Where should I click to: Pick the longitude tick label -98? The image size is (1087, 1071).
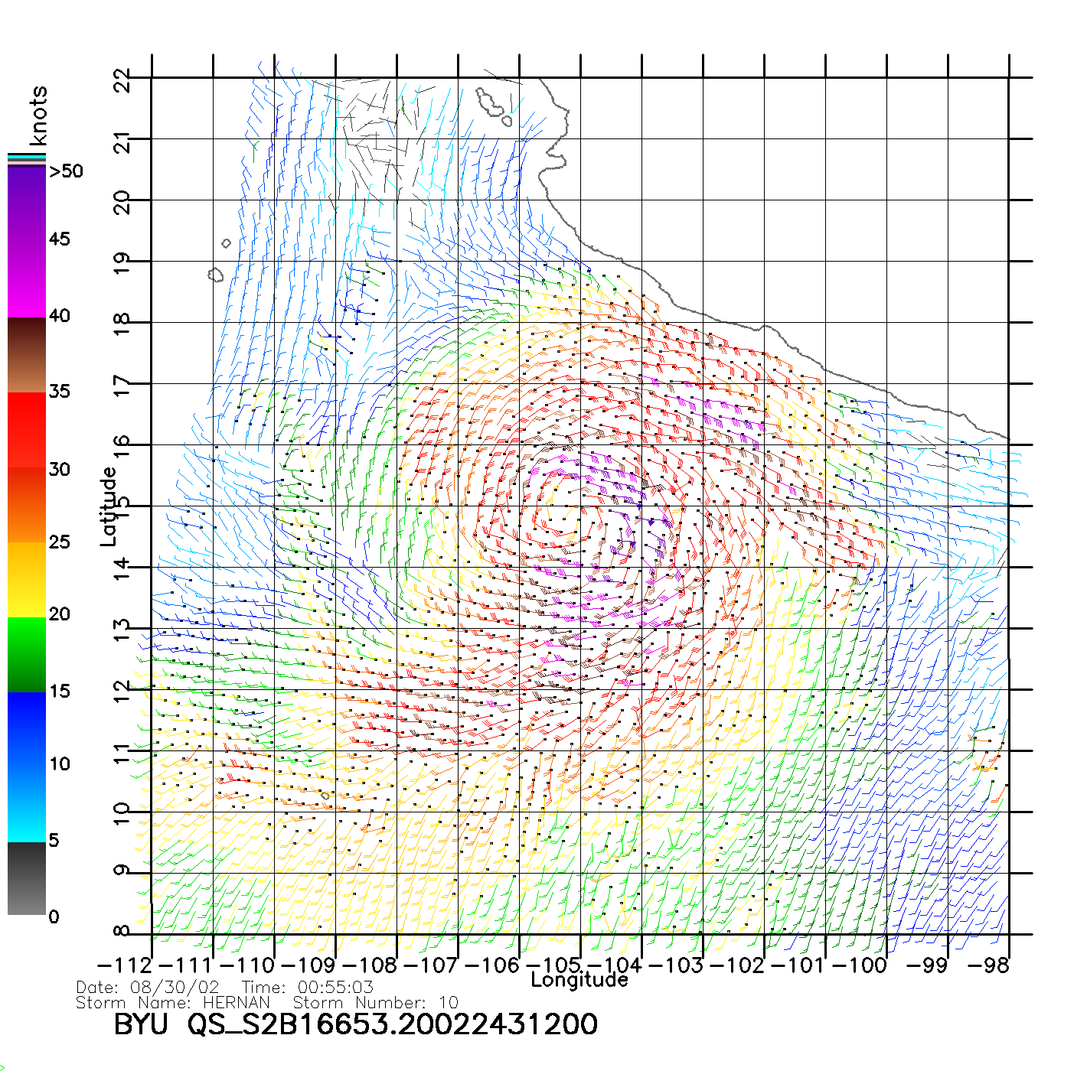point(988,965)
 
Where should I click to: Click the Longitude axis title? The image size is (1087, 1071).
point(579,980)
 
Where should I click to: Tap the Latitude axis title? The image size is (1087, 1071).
point(109,506)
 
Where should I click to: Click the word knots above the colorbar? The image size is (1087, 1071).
point(38,116)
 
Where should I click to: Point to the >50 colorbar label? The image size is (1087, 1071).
point(66,171)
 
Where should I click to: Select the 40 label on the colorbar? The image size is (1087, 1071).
point(60,316)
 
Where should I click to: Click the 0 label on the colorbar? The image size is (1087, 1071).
point(54,917)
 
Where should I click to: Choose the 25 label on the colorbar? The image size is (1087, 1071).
point(60,542)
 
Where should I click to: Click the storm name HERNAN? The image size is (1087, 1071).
point(237,1003)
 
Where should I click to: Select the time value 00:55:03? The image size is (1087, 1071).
point(335,988)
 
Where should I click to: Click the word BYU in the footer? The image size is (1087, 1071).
point(140,1024)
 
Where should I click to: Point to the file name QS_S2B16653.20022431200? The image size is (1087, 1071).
point(393,1024)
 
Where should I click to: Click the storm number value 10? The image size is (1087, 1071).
point(449,1003)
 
